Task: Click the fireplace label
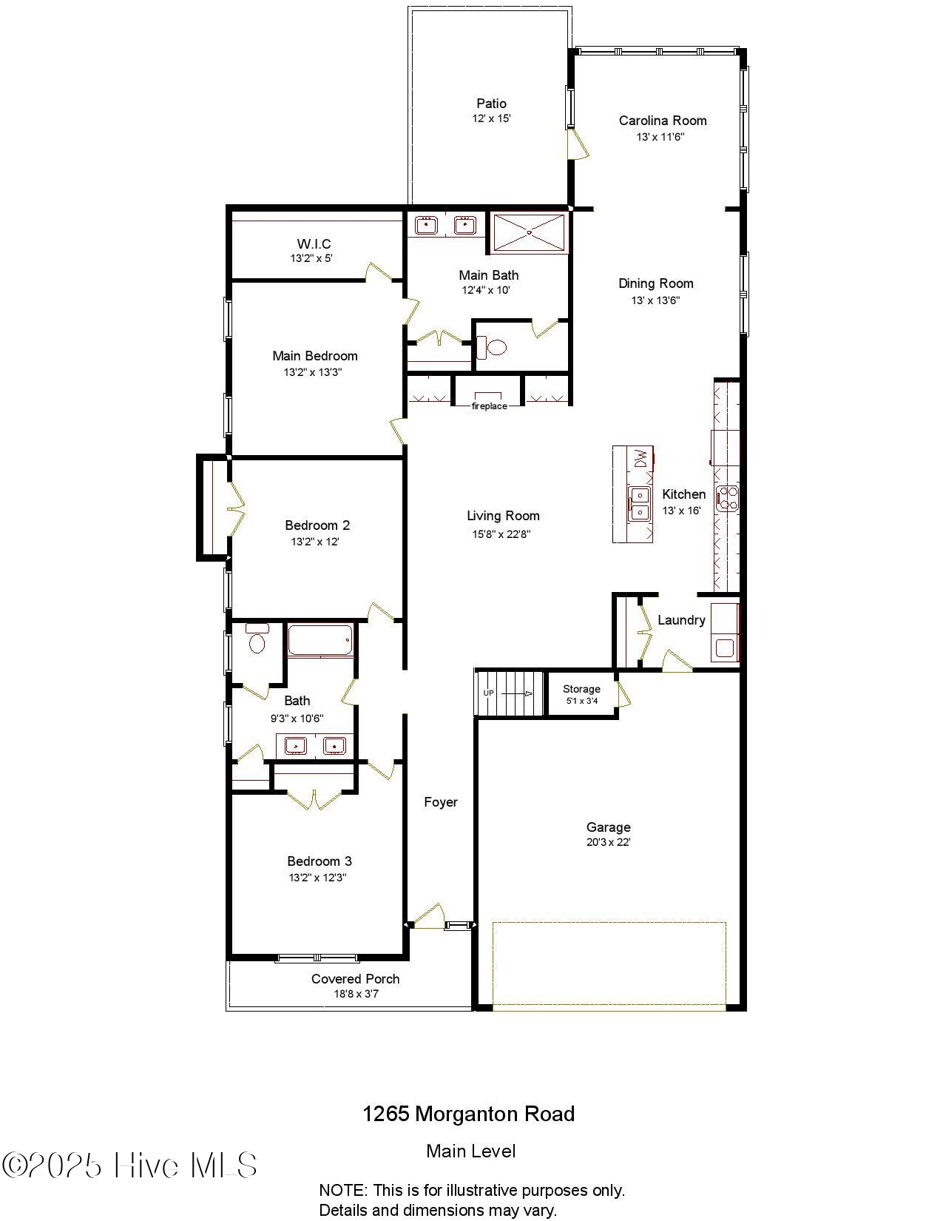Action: click(x=489, y=406)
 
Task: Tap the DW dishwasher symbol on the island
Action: click(x=641, y=459)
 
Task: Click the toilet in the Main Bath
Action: click(x=493, y=346)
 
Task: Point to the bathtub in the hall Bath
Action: click(x=320, y=640)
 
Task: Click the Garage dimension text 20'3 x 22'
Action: click(x=608, y=842)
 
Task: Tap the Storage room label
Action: click(x=581, y=689)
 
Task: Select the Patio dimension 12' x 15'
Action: click(x=491, y=118)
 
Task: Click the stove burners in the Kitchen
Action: click(x=727, y=497)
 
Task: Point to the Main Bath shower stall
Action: click(x=530, y=232)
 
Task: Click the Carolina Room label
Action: click(x=662, y=121)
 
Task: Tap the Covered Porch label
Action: click(x=355, y=979)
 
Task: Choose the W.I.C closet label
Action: click(x=314, y=244)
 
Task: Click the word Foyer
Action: click(x=441, y=802)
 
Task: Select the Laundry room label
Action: click(x=680, y=620)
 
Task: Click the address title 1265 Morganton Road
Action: click(x=468, y=1114)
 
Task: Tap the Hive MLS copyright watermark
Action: click(x=129, y=1165)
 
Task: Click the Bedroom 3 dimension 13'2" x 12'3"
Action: click(x=318, y=878)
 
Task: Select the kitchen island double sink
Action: click(x=638, y=503)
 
